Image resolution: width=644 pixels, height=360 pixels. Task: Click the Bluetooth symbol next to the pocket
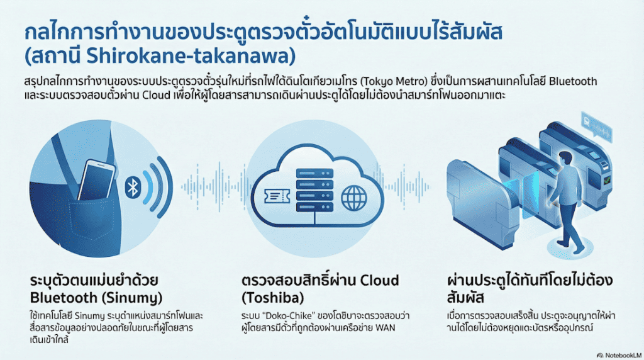(x=133, y=188)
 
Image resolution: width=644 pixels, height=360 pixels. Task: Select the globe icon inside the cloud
(x=353, y=198)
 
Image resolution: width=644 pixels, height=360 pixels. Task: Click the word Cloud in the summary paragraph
(x=164, y=98)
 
